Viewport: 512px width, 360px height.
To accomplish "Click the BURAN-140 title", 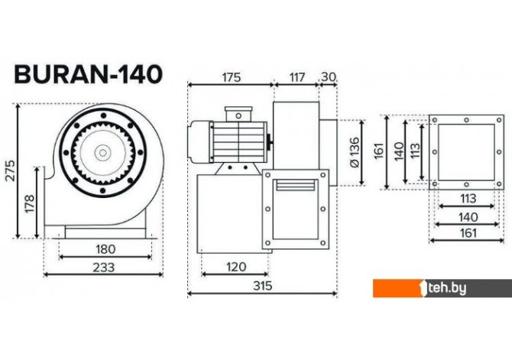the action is (x=88, y=74).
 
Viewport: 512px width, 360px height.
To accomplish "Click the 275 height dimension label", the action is (x=11, y=170).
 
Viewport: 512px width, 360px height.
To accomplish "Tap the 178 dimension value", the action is (x=29, y=204).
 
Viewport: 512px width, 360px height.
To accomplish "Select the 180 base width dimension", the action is (x=105, y=249).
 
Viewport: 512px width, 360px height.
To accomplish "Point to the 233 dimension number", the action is (x=104, y=268).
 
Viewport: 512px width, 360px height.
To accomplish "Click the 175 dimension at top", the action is (x=232, y=78).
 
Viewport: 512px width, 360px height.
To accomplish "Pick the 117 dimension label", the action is (x=297, y=77).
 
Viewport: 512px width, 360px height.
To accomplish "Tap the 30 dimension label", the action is (x=329, y=77).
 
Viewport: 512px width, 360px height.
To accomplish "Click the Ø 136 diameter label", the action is (x=354, y=152).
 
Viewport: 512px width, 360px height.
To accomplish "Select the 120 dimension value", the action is (x=236, y=267).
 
